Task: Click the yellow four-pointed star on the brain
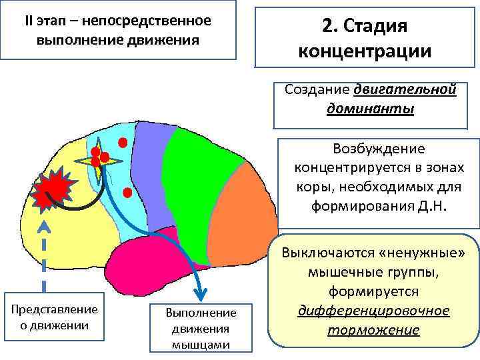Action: [99, 160]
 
